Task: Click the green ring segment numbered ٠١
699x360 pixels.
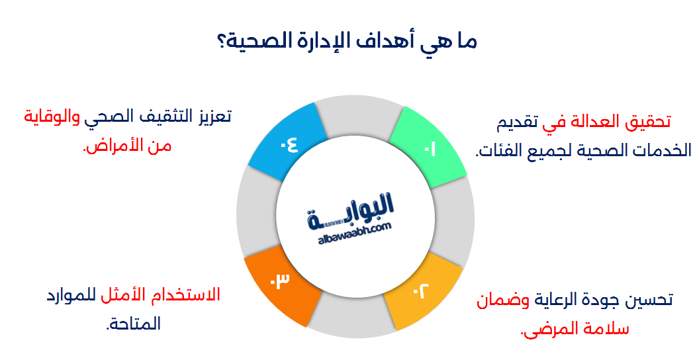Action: point(427,147)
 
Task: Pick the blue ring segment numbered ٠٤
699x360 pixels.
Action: point(287,145)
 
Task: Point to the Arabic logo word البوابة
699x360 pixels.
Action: point(351,210)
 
